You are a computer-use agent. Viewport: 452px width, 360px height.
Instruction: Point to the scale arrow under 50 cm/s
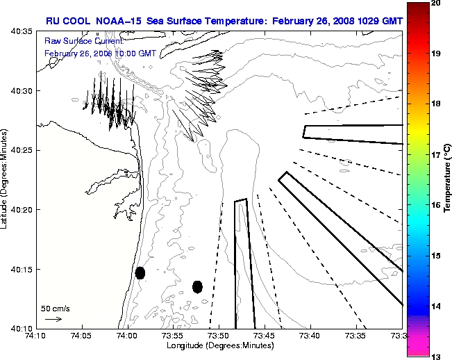(53, 319)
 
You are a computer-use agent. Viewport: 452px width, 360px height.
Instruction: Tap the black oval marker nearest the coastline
(140, 272)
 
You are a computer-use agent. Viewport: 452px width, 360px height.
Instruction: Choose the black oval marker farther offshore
(197, 286)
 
